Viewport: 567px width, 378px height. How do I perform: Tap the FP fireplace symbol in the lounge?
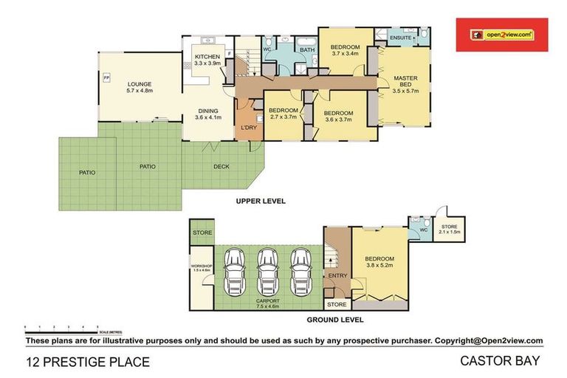[x=106, y=78]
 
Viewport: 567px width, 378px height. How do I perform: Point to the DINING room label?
[x=207, y=111]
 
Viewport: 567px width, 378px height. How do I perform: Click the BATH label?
[x=306, y=50]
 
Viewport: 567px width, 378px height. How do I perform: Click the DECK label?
[x=221, y=166]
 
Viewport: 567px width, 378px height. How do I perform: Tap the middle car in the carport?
[x=267, y=270]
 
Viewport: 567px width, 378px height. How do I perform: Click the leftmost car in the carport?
[x=234, y=270]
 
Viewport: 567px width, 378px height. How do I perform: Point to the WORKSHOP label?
[x=202, y=267]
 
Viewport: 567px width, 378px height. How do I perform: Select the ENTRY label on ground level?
[x=337, y=276]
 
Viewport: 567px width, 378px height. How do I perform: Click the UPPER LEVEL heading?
[x=261, y=201]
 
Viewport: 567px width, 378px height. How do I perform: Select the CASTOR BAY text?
[x=502, y=361]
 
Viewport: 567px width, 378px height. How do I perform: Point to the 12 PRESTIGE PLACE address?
[x=88, y=362]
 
